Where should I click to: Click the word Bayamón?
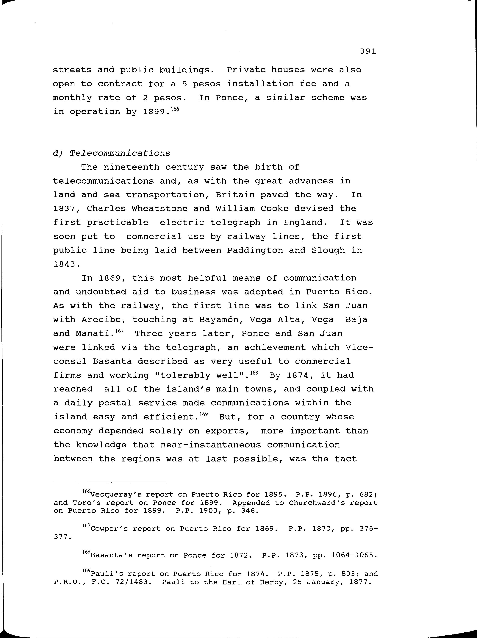pos(216,320)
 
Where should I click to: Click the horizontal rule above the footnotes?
pos(110,482)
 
